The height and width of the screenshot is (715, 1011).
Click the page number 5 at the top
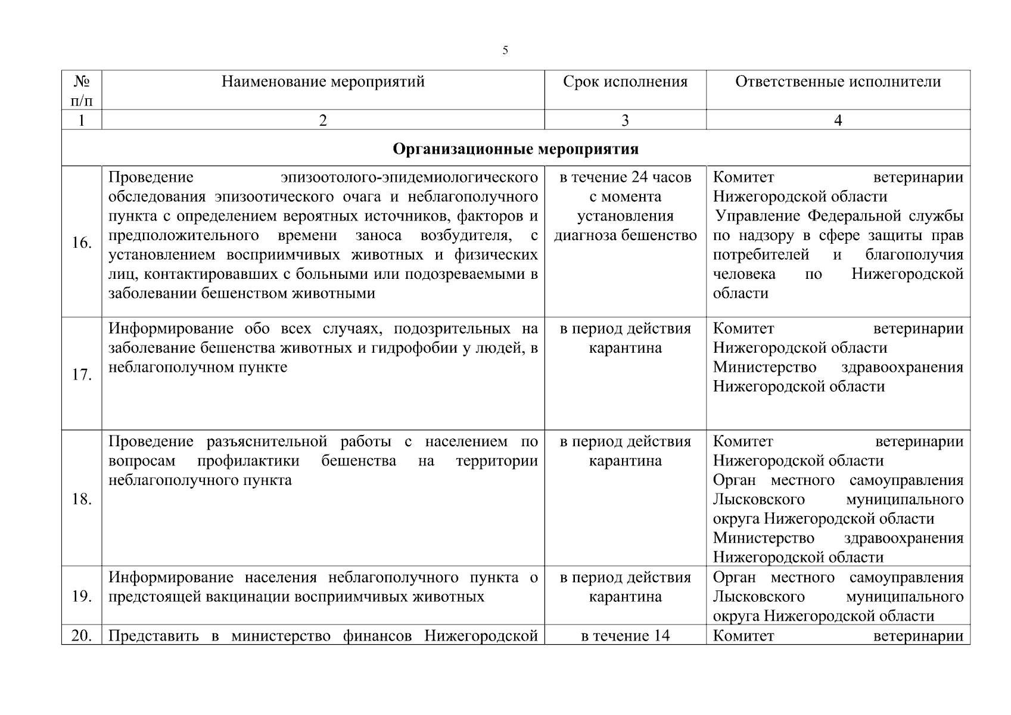(x=505, y=51)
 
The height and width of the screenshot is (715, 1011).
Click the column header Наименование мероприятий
(x=323, y=82)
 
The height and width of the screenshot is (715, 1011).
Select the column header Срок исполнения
(x=625, y=82)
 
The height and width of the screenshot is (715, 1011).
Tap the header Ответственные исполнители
(x=838, y=82)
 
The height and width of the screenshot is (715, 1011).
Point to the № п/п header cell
(x=82, y=90)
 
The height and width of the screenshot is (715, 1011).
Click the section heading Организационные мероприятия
(x=515, y=148)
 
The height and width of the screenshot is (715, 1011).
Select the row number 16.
(x=82, y=243)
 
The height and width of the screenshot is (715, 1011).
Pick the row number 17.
(x=82, y=375)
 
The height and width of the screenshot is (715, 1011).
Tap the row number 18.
(x=82, y=499)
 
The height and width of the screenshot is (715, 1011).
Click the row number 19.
(x=82, y=596)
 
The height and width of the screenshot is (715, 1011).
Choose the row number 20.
(x=82, y=636)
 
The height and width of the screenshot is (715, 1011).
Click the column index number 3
(x=625, y=120)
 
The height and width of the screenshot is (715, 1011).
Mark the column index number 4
(x=838, y=120)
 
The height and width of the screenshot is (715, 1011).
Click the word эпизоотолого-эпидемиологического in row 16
(x=409, y=178)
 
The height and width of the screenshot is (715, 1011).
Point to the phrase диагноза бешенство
(x=625, y=235)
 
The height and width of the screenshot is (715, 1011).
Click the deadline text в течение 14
(x=625, y=636)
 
